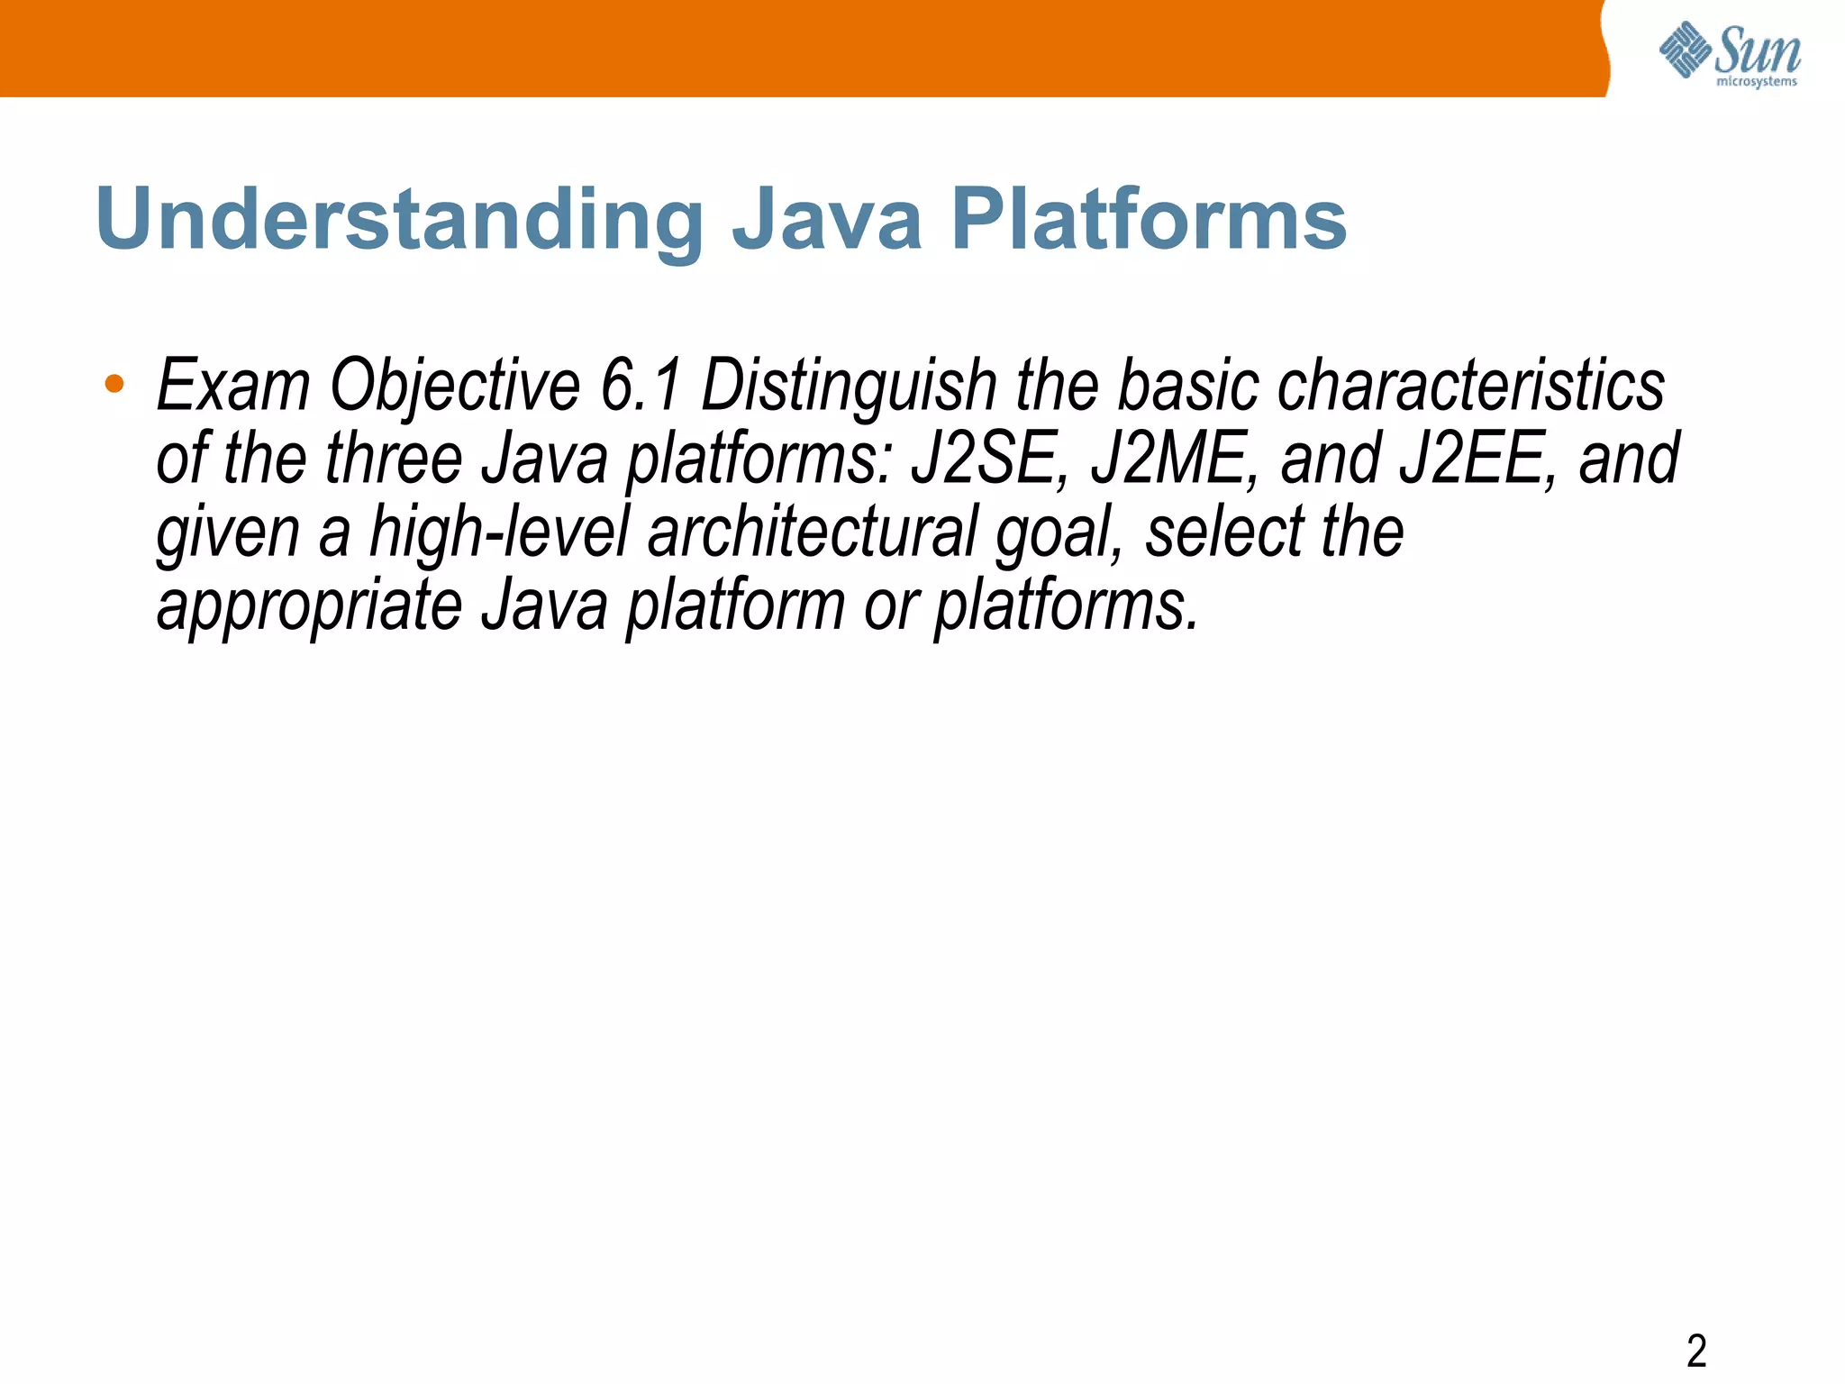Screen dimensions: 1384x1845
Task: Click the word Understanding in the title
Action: click(399, 219)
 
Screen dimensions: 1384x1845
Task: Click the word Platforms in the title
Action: click(1149, 219)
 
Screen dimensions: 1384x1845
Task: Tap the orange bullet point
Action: click(114, 385)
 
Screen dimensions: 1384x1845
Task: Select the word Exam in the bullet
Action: click(233, 386)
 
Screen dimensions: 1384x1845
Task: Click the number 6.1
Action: click(641, 386)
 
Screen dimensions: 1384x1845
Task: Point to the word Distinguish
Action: click(849, 386)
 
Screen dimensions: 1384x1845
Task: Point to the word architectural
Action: click(812, 533)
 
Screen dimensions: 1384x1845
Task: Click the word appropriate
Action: click(309, 606)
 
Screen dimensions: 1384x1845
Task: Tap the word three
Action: click(393, 459)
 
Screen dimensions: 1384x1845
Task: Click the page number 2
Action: click(1696, 1351)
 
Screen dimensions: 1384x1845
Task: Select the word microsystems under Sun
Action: click(1757, 82)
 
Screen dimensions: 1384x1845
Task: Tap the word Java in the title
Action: click(827, 219)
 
